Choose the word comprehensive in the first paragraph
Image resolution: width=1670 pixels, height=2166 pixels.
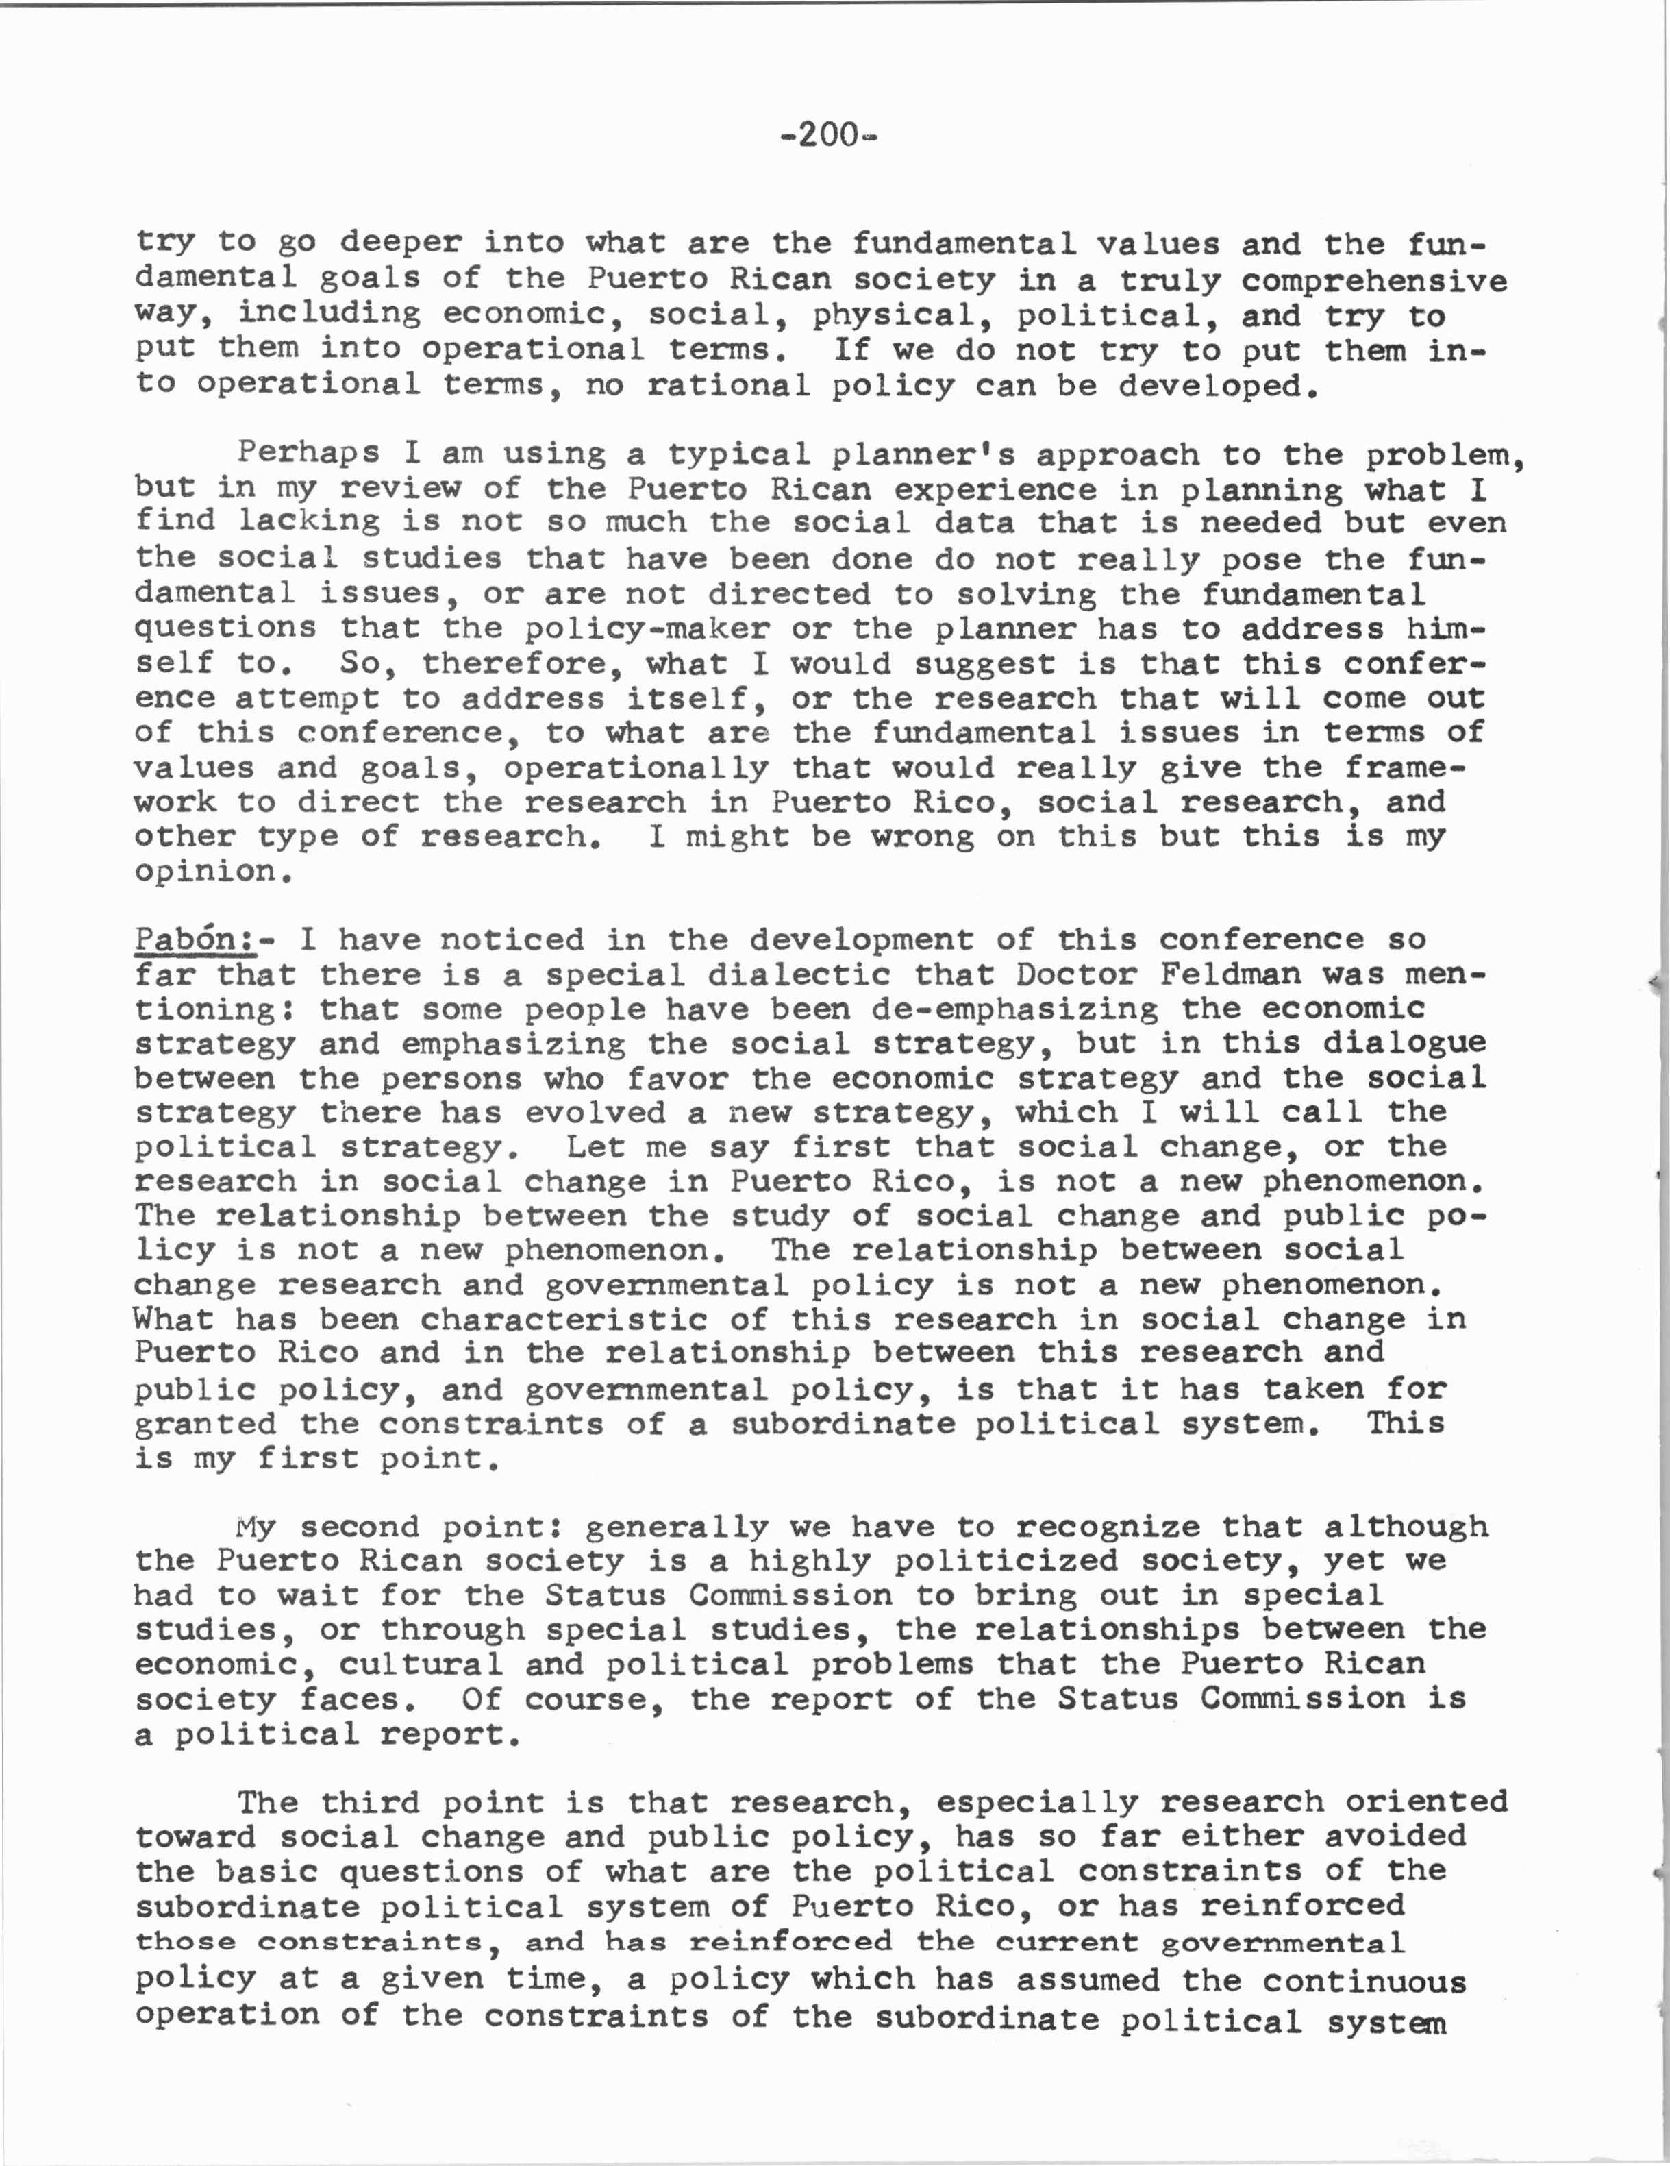[1373, 281]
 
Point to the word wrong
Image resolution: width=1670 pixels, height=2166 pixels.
[922, 836]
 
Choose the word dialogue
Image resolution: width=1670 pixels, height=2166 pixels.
[1404, 1042]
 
